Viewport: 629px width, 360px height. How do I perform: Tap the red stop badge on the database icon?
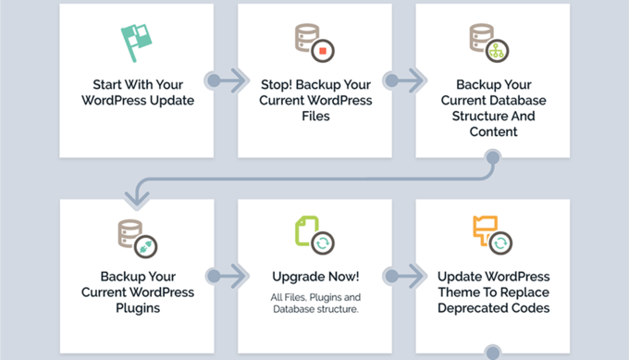click(x=324, y=50)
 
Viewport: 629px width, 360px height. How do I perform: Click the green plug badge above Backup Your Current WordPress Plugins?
click(x=146, y=246)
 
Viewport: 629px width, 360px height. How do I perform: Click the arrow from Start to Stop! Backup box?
click(x=228, y=81)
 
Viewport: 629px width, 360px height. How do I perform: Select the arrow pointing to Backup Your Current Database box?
click(x=405, y=81)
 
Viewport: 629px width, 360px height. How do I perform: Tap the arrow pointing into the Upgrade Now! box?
click(x=228, y=276)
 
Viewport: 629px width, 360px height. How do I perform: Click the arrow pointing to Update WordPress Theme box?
click(x=405, y=276)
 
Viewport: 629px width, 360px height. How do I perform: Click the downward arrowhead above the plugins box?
click(x=137, y=195)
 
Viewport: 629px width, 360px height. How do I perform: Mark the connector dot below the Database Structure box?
click(x=492, y=158)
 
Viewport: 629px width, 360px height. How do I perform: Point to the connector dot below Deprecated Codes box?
click(x=492, y=352)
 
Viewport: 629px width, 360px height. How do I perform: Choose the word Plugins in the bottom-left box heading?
click(x=136, y=308)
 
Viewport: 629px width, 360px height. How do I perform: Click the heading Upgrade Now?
click(x=314, y=276)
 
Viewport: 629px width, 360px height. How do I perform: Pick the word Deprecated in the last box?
click(x=469, y=308)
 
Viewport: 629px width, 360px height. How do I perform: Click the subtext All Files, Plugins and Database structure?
click(x=314, y=303)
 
